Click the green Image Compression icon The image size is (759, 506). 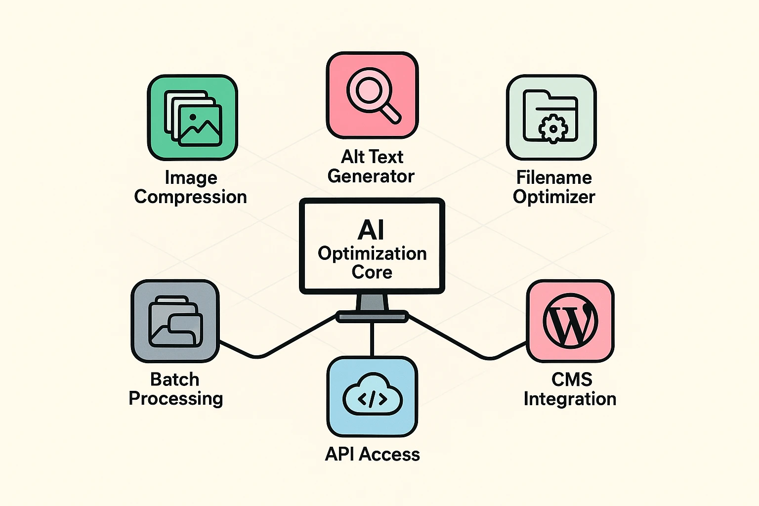193,118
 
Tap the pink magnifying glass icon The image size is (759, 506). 372,95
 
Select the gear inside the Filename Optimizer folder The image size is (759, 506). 553,128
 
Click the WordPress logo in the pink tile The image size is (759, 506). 570,321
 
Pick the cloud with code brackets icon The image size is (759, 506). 372,398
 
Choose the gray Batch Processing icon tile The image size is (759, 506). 175,321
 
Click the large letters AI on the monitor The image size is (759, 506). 371,230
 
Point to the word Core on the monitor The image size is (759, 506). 372,272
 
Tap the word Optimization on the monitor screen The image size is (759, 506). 372,253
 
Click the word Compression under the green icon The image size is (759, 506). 190,197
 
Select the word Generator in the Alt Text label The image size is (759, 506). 371,176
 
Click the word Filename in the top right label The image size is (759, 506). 553,177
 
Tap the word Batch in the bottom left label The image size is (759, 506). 174,379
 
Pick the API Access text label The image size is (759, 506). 372,454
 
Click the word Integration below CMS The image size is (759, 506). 570,399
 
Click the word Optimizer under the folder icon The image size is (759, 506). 553,197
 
